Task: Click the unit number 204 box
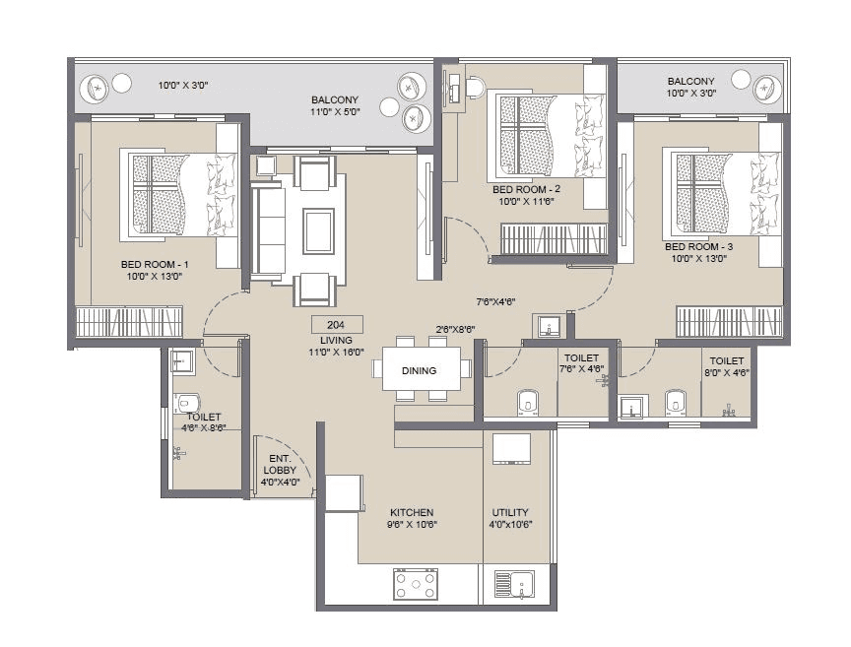point(337,325)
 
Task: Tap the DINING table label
point(419,370)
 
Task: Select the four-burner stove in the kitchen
point(416,584)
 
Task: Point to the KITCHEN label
point(412,513)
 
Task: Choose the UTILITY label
point(510,513)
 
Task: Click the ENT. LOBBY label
point(280,464)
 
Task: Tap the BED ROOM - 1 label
point(155,265)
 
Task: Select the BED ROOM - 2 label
point(526,189)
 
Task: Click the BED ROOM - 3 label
point(699,246)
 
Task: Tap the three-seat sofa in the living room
point(268,231)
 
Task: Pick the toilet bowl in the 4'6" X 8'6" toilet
point(187,404)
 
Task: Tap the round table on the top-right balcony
point(767,90)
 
